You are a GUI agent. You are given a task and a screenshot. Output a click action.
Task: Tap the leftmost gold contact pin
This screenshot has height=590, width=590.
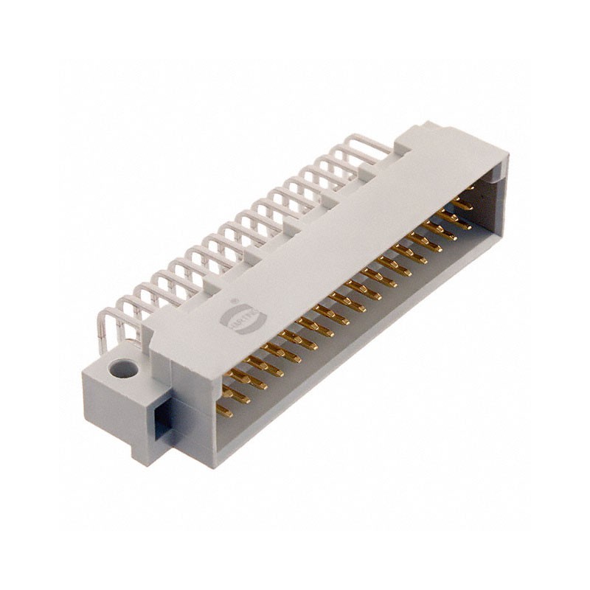224,410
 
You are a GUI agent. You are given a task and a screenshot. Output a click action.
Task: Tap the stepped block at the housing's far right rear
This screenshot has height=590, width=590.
413,140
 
